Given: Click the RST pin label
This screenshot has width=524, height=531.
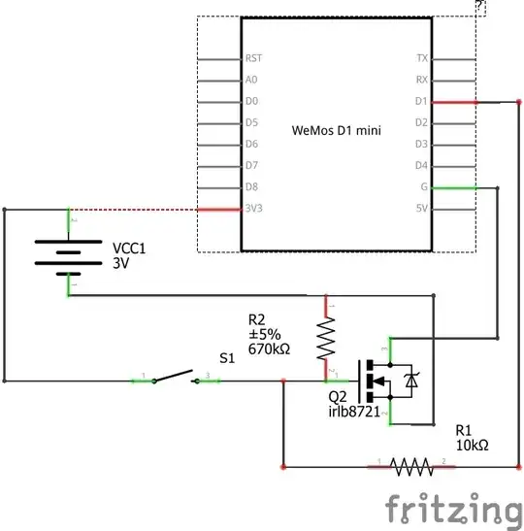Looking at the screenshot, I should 253,58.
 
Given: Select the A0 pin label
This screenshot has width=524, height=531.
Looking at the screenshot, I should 251,80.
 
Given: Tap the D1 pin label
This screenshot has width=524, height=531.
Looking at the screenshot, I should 421,101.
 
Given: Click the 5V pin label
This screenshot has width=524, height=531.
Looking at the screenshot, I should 421,208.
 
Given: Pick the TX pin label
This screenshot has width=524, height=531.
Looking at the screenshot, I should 421,58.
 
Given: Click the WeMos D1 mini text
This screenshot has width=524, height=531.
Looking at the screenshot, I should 336,129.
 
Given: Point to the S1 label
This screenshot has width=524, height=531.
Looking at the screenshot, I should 227,357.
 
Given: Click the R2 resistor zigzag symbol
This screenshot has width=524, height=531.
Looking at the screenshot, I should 326,339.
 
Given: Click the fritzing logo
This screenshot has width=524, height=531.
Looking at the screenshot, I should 452,509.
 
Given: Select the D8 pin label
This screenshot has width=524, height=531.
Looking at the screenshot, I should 251,186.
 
